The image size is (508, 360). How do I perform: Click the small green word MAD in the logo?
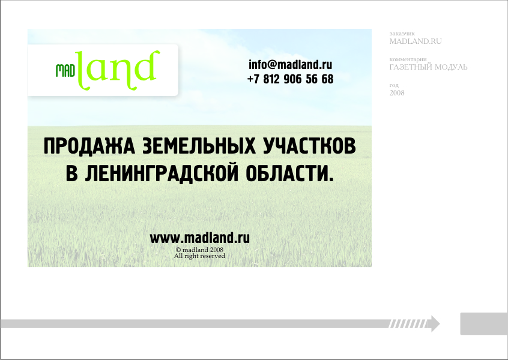(x=65, y=71)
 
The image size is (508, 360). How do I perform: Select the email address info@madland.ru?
(x=290, y=65)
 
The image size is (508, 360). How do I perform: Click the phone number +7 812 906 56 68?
(x=290, y=79)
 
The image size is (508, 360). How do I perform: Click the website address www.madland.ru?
(x=199, y=238)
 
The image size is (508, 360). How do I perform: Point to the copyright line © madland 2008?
(x=199, y=250)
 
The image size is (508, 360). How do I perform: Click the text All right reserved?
(x=199, y=256)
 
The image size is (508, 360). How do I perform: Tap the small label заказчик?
(x=402, y=34)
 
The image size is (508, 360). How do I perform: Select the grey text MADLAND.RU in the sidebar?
(x=416, y=41)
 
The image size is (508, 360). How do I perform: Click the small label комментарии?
(x=408, y=59)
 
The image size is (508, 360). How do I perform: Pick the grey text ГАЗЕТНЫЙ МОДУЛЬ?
(x=428, y=67)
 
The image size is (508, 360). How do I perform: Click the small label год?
(x=394, y=85)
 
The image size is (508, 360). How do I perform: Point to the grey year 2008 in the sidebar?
(x=397, y=93)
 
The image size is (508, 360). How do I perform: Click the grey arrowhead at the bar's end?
(x=435, y=324)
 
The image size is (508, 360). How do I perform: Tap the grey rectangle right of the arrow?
(x=484, y=324)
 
